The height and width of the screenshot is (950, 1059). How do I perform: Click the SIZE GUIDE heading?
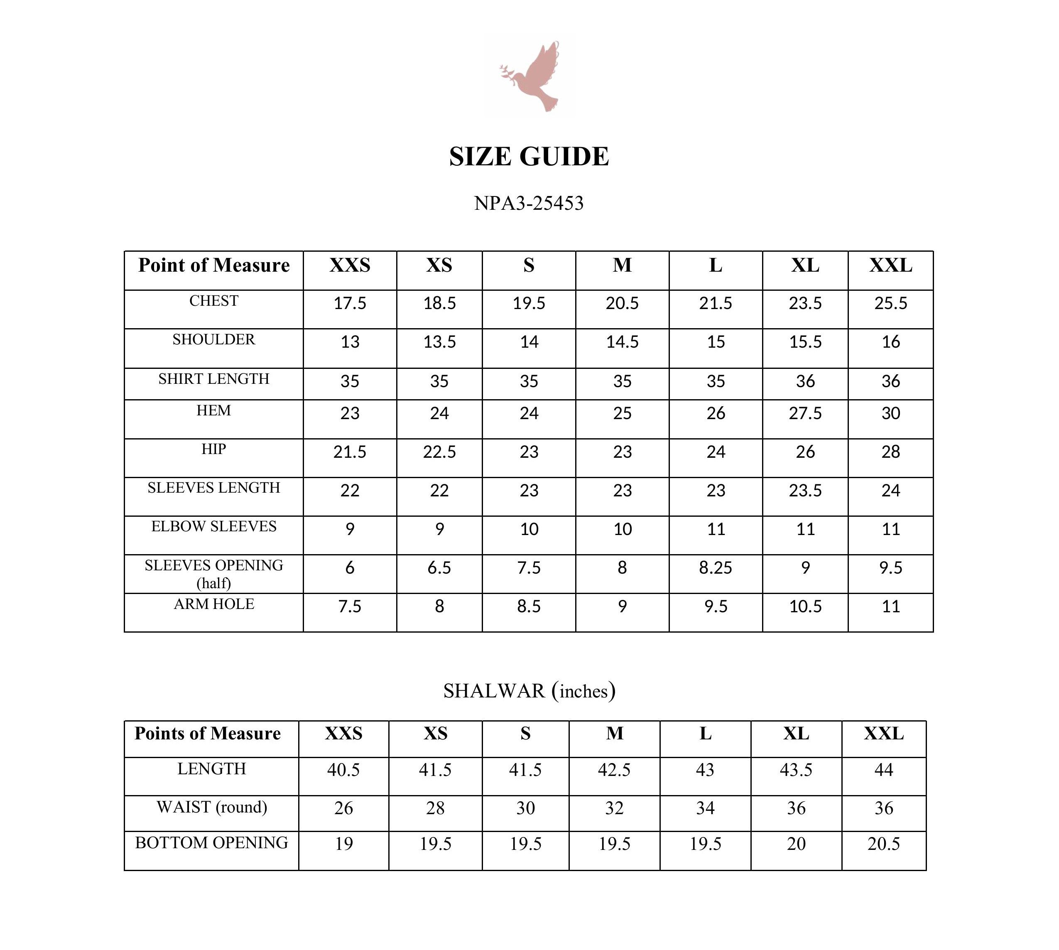coord(529,157)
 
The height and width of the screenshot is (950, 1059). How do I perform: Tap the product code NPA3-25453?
coord(529,203)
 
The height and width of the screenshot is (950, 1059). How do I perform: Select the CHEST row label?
coord(213,301)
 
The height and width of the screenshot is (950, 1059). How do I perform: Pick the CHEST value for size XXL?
coord(890,303)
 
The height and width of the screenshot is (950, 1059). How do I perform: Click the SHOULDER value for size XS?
coord(439,342)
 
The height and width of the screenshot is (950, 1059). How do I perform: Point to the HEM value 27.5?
coord(805,413)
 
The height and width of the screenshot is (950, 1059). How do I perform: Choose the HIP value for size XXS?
coord(350,452)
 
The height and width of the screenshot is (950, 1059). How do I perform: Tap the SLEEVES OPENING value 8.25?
coord(716,568)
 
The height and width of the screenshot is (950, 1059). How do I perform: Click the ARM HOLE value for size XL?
coord(805,606)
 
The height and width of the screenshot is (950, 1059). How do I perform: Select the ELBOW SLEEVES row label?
coord(213,527)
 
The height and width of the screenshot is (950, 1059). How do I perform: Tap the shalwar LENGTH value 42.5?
coord(614,770)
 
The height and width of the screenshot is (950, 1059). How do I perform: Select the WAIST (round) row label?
coord(211,808)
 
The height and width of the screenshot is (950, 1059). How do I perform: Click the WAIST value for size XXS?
coord(343,808)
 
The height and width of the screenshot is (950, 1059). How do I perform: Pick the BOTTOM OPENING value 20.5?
coord(884,844)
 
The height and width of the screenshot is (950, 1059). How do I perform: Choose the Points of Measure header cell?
coord(208,734)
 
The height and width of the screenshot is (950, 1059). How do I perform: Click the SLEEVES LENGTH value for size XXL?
coord(890,491)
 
